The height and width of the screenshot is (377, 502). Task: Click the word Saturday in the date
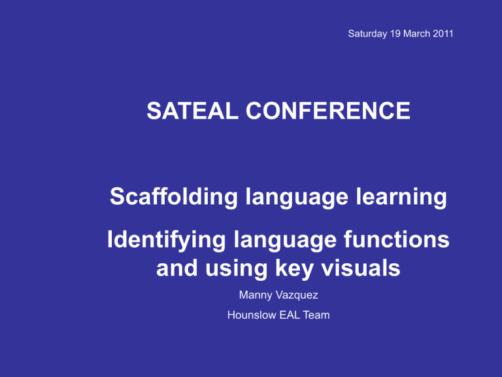(367, 33)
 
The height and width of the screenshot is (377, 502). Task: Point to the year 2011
(443, 33)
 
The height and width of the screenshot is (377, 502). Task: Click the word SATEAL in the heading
(192, 111)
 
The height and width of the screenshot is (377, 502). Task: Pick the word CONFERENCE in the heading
(328, 111)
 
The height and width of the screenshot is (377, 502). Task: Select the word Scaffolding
(174, 196)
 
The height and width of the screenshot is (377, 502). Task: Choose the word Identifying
(167, 241)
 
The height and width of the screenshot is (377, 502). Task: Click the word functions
(397, 240)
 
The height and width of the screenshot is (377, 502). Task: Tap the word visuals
(361, 268)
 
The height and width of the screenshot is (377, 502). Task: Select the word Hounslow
(252, 315)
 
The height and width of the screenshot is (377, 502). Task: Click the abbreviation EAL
(290, 315)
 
